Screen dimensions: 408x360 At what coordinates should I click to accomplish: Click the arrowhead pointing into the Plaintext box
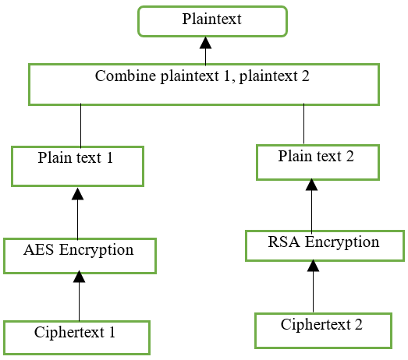pyautogui.click(x=206, y=43)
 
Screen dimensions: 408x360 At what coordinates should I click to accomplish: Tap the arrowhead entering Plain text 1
pyautogui.click(x=77, y=194)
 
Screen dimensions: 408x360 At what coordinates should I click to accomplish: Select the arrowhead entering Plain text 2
pyautogui.click(x=311, y=185)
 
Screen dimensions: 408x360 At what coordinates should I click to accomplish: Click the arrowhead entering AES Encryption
pyautogui.click(x=79, y=277)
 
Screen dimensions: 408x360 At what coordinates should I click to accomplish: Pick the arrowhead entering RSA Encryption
pyautogui.click(x=313, y=266)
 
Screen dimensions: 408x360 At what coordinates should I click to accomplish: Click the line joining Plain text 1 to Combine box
pyautogui.click(x=80, y=125)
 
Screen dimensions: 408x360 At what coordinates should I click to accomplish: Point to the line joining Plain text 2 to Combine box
pyautogui.click(x=303, y=124)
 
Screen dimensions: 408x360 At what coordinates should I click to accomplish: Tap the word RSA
pyautogui.click(x=284, y=242)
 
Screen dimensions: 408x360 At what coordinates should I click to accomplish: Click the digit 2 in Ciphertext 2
pyautogui.click(x=359, y=324)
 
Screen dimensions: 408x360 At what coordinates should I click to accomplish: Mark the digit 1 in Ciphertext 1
pyautogui.click(x=112, y=332)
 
